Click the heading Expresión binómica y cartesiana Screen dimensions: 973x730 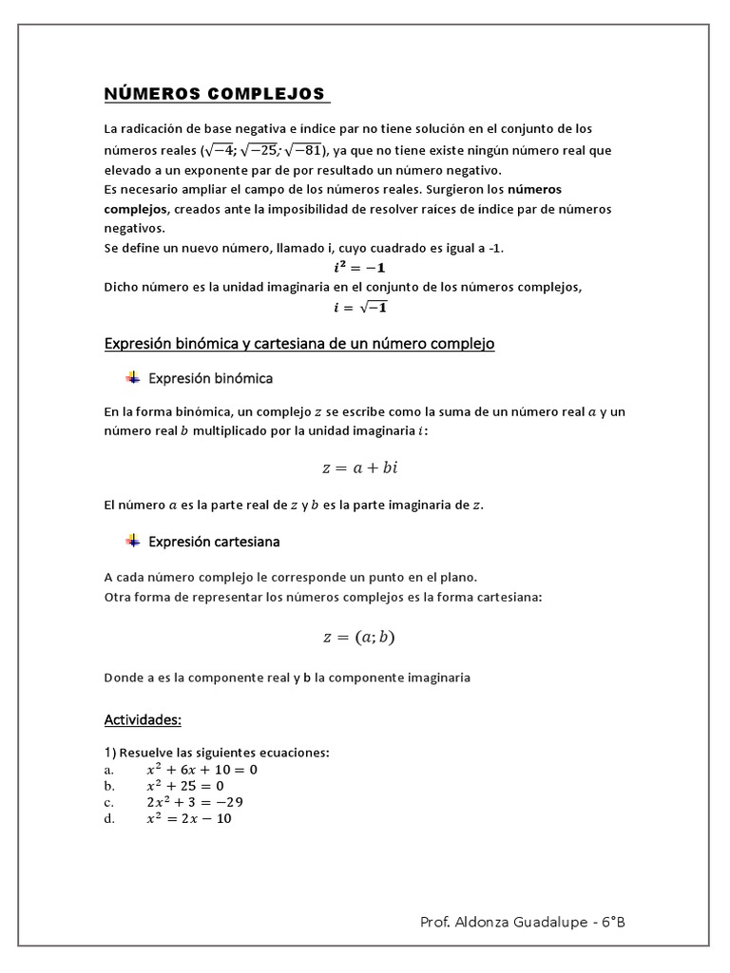[299, 344]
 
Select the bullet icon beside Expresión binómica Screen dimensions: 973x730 [132, 378]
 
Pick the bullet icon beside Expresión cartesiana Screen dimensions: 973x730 [132, 541]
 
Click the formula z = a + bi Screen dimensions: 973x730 [366, 467]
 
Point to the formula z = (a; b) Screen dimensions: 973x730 [358, 637]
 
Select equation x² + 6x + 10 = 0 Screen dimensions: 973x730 [201, 770]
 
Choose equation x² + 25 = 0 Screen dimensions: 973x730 [184, 786]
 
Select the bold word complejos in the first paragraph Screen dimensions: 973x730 [136, 208]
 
